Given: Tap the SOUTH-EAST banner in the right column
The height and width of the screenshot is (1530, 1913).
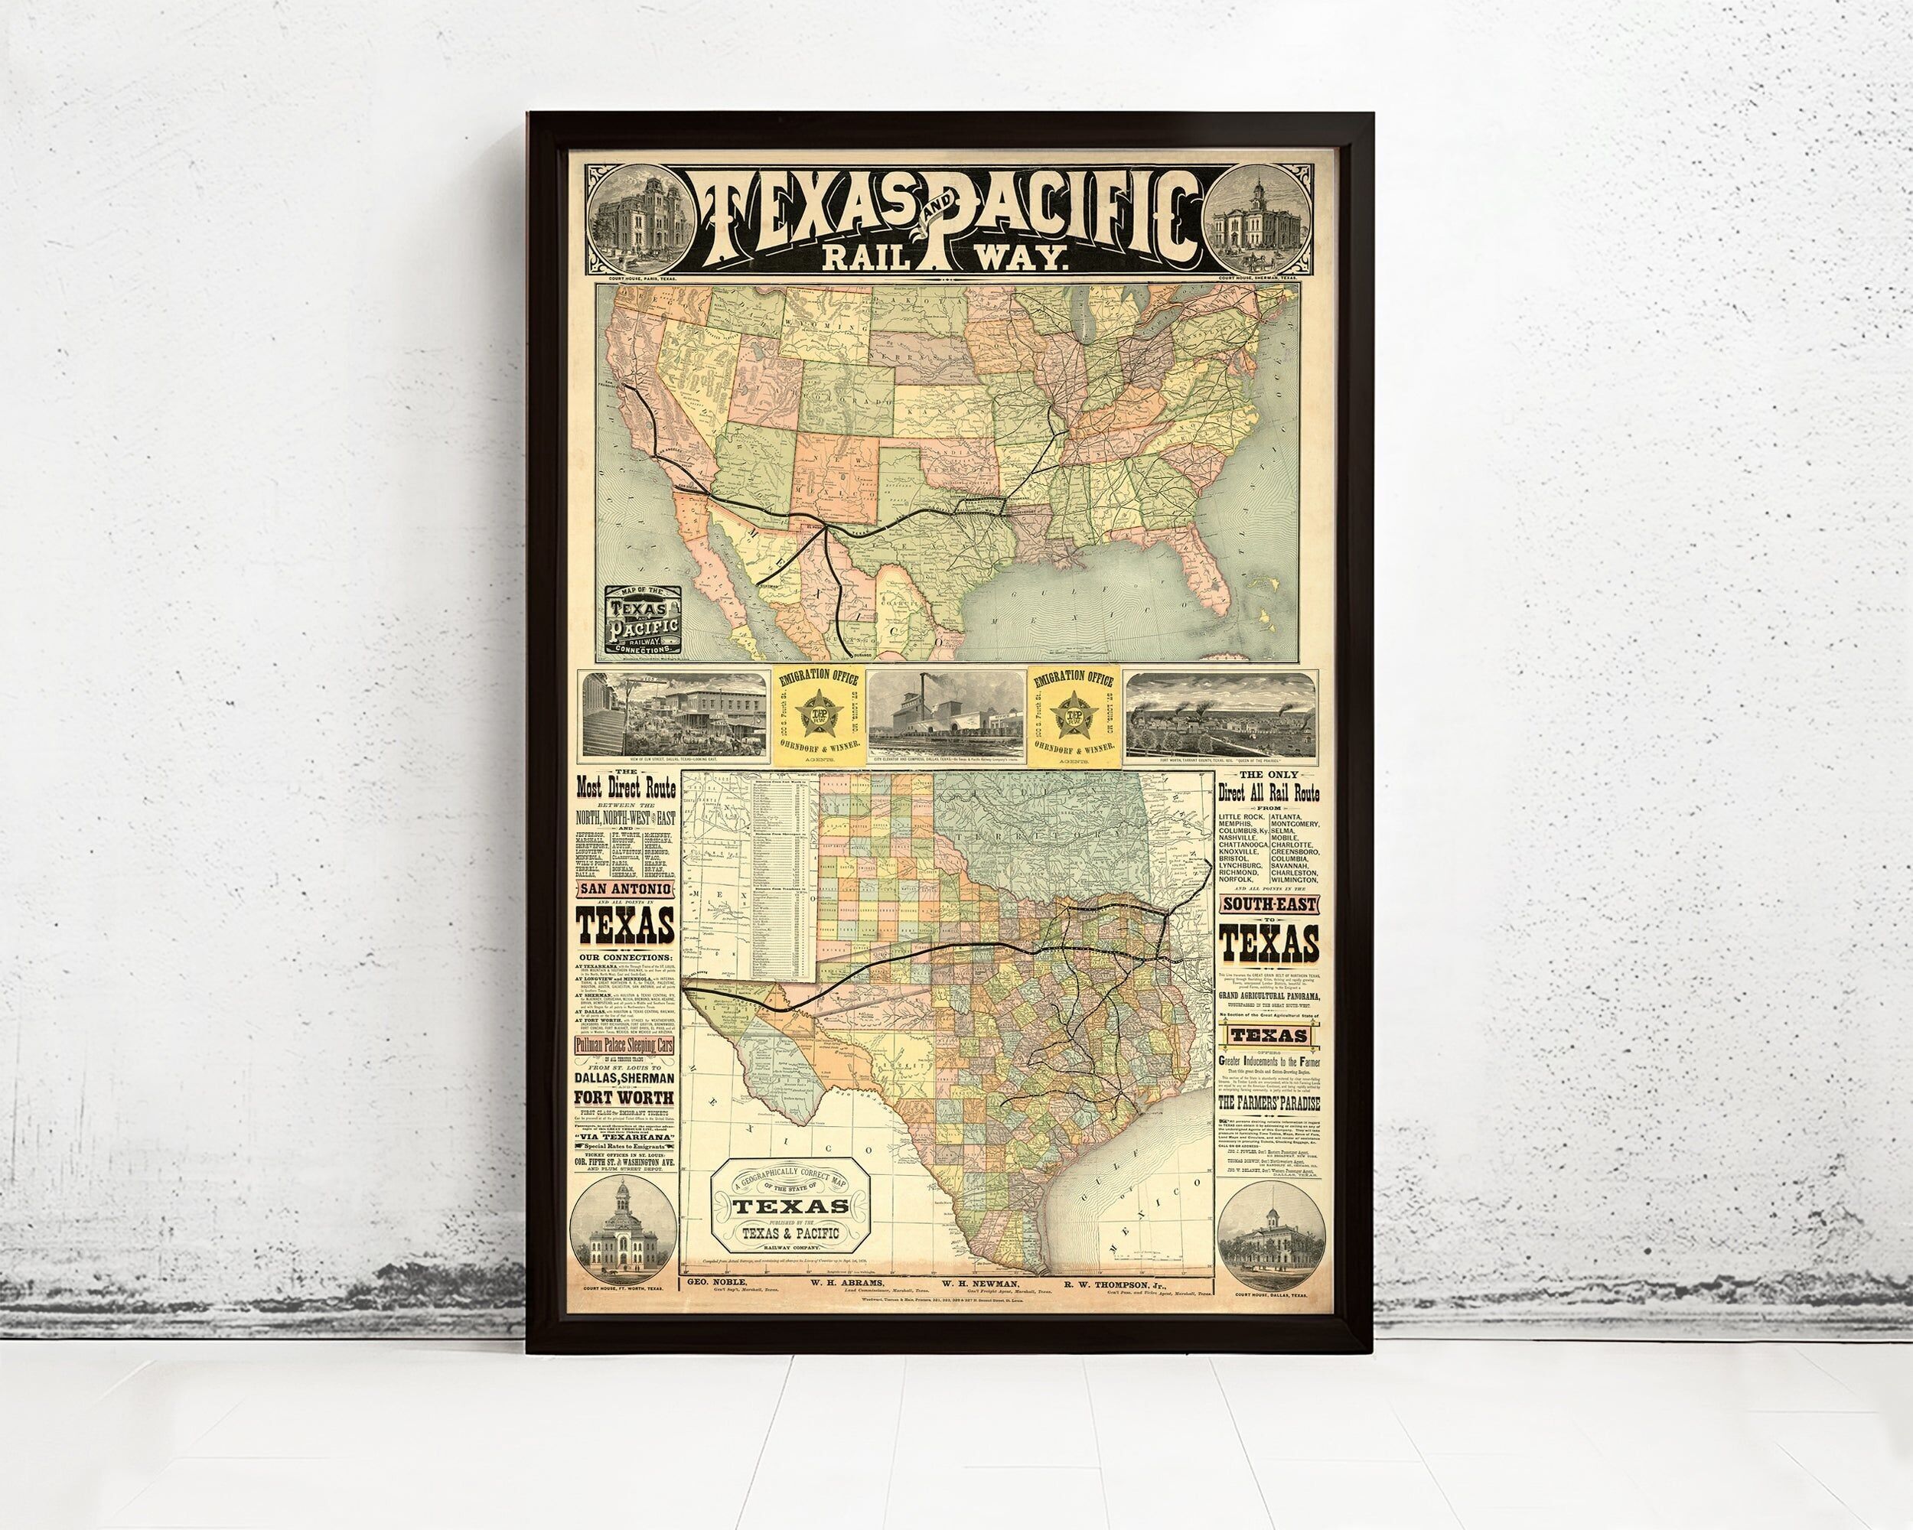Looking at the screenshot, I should (1268, 905).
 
